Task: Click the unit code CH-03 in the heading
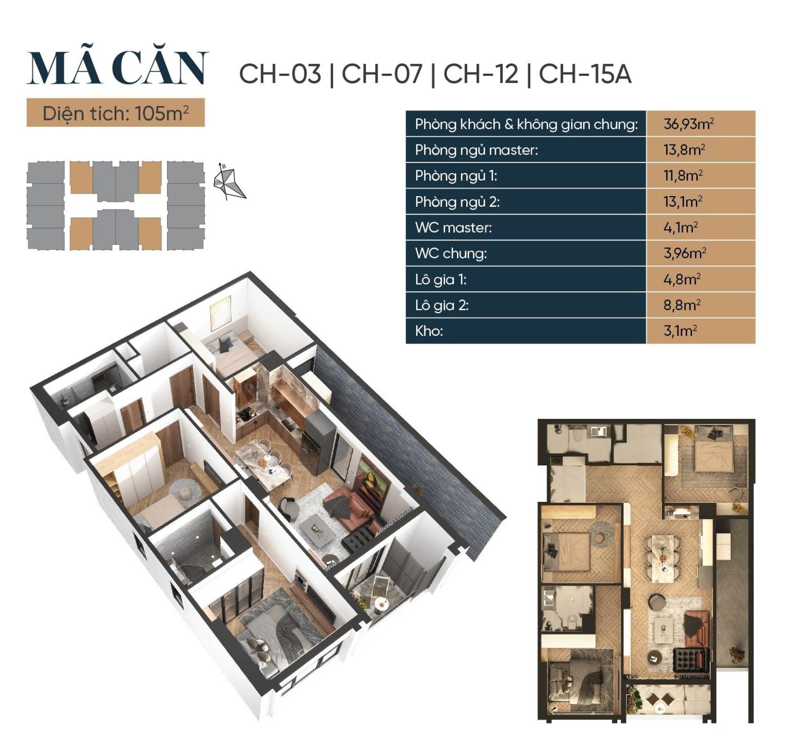click(280, 74)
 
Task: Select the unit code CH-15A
click(585, 74)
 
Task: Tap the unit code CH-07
click(382, 74)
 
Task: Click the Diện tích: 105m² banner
click(116, 113)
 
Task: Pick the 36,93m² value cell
click(700, 124)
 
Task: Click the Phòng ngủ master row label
click(477, 150)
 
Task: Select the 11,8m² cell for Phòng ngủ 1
click(700, 176)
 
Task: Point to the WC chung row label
click(451, 253)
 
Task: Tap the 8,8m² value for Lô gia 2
click(700, 305)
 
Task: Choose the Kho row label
click(429, 331)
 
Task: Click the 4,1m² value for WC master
click(700, 227)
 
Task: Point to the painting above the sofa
click(372, 479)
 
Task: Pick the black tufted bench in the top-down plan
click(691, 660)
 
